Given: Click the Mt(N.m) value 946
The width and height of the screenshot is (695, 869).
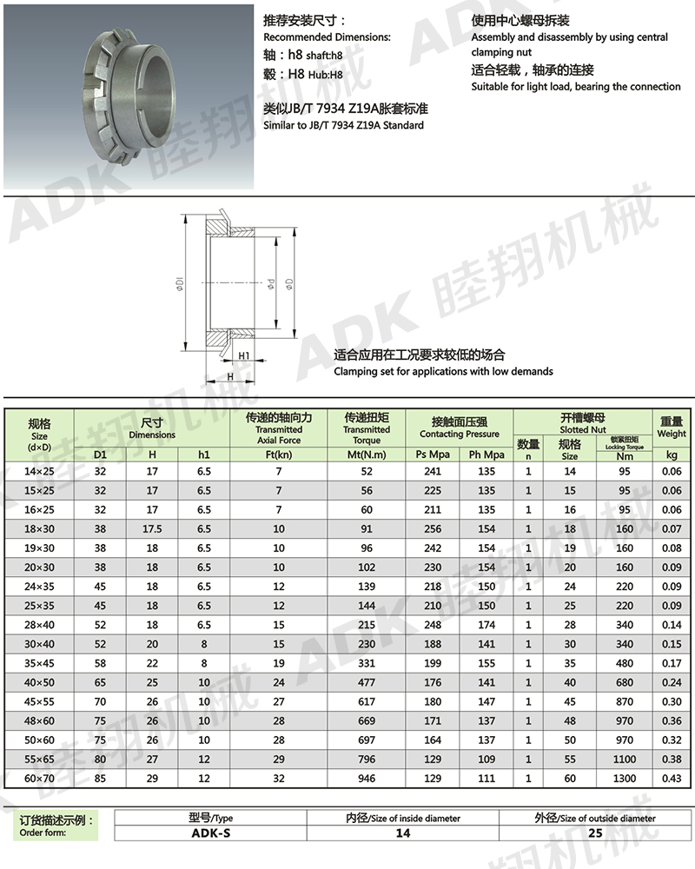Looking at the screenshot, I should pos(367,779).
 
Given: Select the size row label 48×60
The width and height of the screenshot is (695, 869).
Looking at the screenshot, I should pos(39,720).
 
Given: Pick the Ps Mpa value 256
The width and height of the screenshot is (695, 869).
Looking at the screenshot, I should pos(433,528).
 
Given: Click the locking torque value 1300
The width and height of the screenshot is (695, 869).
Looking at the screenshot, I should pos(624,779).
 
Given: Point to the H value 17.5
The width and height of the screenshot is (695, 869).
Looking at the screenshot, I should pos(152,528).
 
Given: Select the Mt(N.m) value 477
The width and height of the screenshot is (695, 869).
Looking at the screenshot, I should pos(367,682).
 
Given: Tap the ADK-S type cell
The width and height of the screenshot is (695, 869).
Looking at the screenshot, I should pos(210,833).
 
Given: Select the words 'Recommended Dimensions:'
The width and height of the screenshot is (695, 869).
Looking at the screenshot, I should pos(327,37).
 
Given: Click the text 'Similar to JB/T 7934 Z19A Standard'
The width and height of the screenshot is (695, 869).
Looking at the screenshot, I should pos(343,126).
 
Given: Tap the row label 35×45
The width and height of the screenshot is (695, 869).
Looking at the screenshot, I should pos(39,663).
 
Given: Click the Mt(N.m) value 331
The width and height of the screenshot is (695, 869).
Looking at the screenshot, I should pos(367,663).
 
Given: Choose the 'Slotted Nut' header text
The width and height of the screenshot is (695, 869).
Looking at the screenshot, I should pos(582,430).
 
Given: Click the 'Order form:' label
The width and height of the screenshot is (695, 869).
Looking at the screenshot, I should pos(43,833).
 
